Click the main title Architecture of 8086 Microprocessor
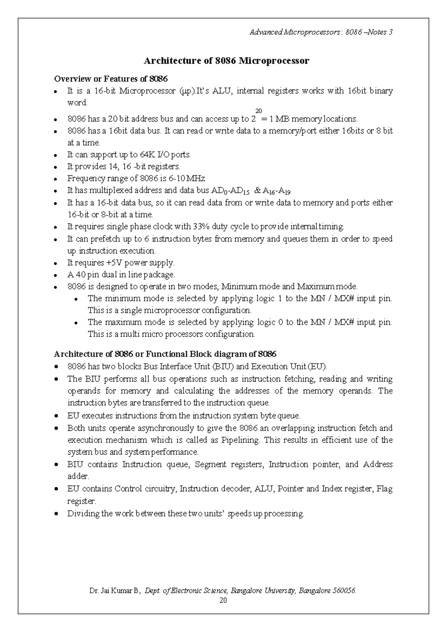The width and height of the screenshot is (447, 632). pos(226,61)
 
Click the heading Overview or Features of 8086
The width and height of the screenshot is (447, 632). pos(111,79)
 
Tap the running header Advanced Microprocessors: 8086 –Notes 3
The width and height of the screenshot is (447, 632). pos(321,32)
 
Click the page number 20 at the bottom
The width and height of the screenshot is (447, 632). pos(223,600)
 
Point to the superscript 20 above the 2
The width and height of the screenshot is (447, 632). pos(259,111)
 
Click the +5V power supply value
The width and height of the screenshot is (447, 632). pos(114,263)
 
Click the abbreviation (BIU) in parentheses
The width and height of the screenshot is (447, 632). pos(223,366)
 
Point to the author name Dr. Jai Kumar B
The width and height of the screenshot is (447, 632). pos(114,591)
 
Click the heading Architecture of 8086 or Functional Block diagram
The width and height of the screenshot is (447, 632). pos(165,354)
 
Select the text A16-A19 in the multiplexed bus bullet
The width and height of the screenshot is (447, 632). pos(276,191)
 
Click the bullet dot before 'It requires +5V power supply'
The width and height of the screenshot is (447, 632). pos(56,263)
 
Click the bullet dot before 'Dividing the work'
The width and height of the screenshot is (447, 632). pos(56,513)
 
